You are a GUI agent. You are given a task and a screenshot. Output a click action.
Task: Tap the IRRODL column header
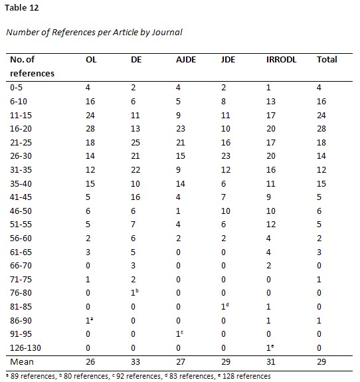(278, 59)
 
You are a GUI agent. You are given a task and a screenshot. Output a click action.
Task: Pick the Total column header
(327, 59)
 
